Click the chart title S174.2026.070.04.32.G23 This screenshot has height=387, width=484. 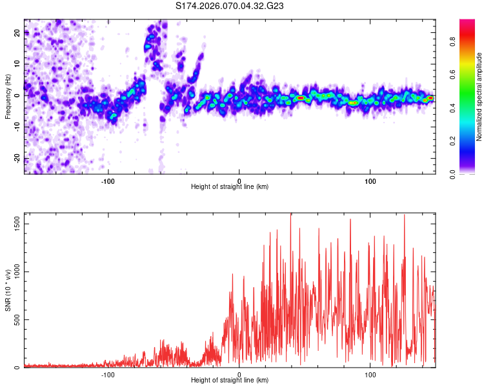click(230, 6)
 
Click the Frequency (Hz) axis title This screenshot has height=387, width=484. click(7, 97)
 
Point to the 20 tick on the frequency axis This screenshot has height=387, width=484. click(17, 34)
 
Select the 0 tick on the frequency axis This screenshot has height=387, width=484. click(17, 95)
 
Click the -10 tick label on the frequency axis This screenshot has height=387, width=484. click(17, 126)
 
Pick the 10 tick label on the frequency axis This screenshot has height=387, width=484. click(17, 64)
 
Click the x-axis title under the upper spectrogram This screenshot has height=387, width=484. click(230, 187)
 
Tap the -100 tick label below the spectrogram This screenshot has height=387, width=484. click(108, 181)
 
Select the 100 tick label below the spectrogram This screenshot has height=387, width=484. click(370, 181)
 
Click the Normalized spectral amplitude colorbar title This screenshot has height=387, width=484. click(479, 97)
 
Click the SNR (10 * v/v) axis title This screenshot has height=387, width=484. click(8, 290)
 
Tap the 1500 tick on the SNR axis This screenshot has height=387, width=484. click(17, 223)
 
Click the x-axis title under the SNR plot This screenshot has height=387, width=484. click(230, 381)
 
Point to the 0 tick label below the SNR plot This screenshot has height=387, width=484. click(239, 374)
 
